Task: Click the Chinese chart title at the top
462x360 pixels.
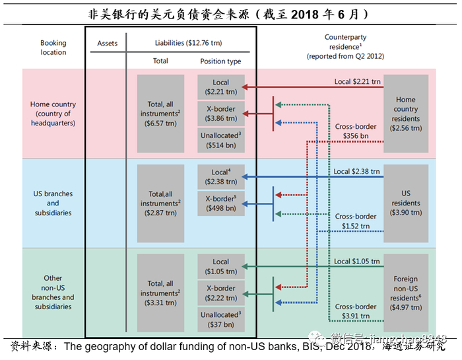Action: pos(229,13)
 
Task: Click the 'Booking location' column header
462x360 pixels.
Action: pos(53,48)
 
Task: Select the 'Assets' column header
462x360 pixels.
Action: pos(107,43)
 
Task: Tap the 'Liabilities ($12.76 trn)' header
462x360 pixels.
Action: pos(188,43)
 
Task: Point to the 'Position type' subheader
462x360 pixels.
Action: pos(220,61)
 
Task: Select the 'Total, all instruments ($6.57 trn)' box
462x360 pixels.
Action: pos(160,114)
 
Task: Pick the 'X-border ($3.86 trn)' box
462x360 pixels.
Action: pos(220,114)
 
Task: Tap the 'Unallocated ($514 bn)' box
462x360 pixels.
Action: pos(220,140)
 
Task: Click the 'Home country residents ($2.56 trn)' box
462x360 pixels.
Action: pos(406,114)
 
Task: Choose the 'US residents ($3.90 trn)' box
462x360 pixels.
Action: pos(406,203)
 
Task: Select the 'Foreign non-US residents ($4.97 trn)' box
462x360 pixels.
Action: pos(406,293)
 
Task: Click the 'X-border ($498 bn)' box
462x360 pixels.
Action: pos(220,203)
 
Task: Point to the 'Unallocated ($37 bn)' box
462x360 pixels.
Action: pos(220,320)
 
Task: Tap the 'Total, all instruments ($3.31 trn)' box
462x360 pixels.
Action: pos(160,293)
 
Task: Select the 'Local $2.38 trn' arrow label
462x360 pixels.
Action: pos(357,172)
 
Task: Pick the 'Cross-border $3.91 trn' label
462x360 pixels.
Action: pos(356,311)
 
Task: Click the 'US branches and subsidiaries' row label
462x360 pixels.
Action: pos(53,203)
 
